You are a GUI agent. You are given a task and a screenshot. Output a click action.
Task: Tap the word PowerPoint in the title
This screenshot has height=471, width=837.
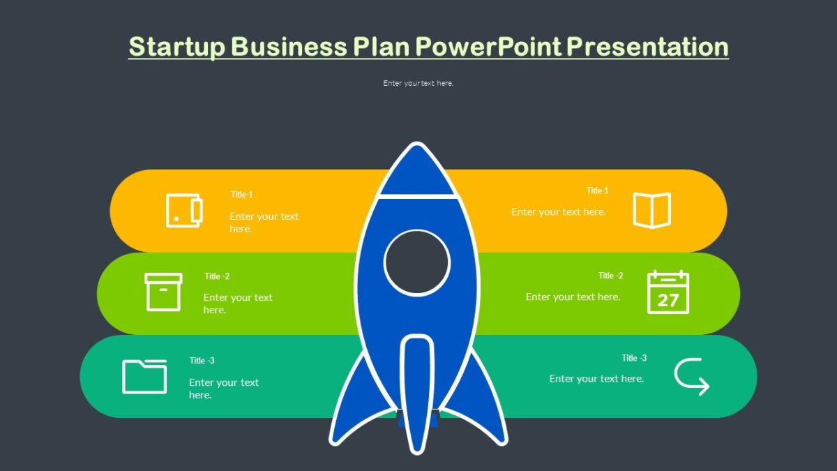488,47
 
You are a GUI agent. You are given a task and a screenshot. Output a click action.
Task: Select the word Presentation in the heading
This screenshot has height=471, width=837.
647,47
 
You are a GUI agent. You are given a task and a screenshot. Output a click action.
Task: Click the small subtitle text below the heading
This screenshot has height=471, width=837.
418,83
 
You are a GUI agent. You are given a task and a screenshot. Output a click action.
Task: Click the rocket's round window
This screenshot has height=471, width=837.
417,262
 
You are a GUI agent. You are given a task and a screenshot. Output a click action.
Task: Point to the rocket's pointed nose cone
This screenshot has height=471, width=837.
417,171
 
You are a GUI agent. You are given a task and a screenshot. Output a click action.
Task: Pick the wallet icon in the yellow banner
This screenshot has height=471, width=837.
184,210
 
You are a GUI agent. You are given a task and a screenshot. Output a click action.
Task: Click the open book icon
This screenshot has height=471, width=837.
651,210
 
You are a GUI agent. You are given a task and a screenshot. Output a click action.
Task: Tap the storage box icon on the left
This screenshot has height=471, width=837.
163,292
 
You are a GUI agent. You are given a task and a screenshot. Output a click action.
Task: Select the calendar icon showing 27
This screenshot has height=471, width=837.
668,292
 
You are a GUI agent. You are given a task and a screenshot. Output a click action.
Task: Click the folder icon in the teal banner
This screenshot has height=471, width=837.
144,376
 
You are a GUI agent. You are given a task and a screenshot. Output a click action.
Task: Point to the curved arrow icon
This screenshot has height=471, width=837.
691,377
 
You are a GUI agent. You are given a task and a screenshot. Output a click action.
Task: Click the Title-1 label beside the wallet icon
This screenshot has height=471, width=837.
242,195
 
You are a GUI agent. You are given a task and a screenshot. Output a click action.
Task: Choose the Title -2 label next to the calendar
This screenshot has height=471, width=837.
610,276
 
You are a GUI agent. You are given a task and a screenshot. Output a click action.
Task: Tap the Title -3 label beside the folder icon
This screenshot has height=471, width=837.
202,361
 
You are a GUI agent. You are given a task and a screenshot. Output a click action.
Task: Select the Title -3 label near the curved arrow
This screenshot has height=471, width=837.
634,358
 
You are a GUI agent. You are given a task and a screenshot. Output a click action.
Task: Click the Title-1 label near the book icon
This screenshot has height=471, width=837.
598,190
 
